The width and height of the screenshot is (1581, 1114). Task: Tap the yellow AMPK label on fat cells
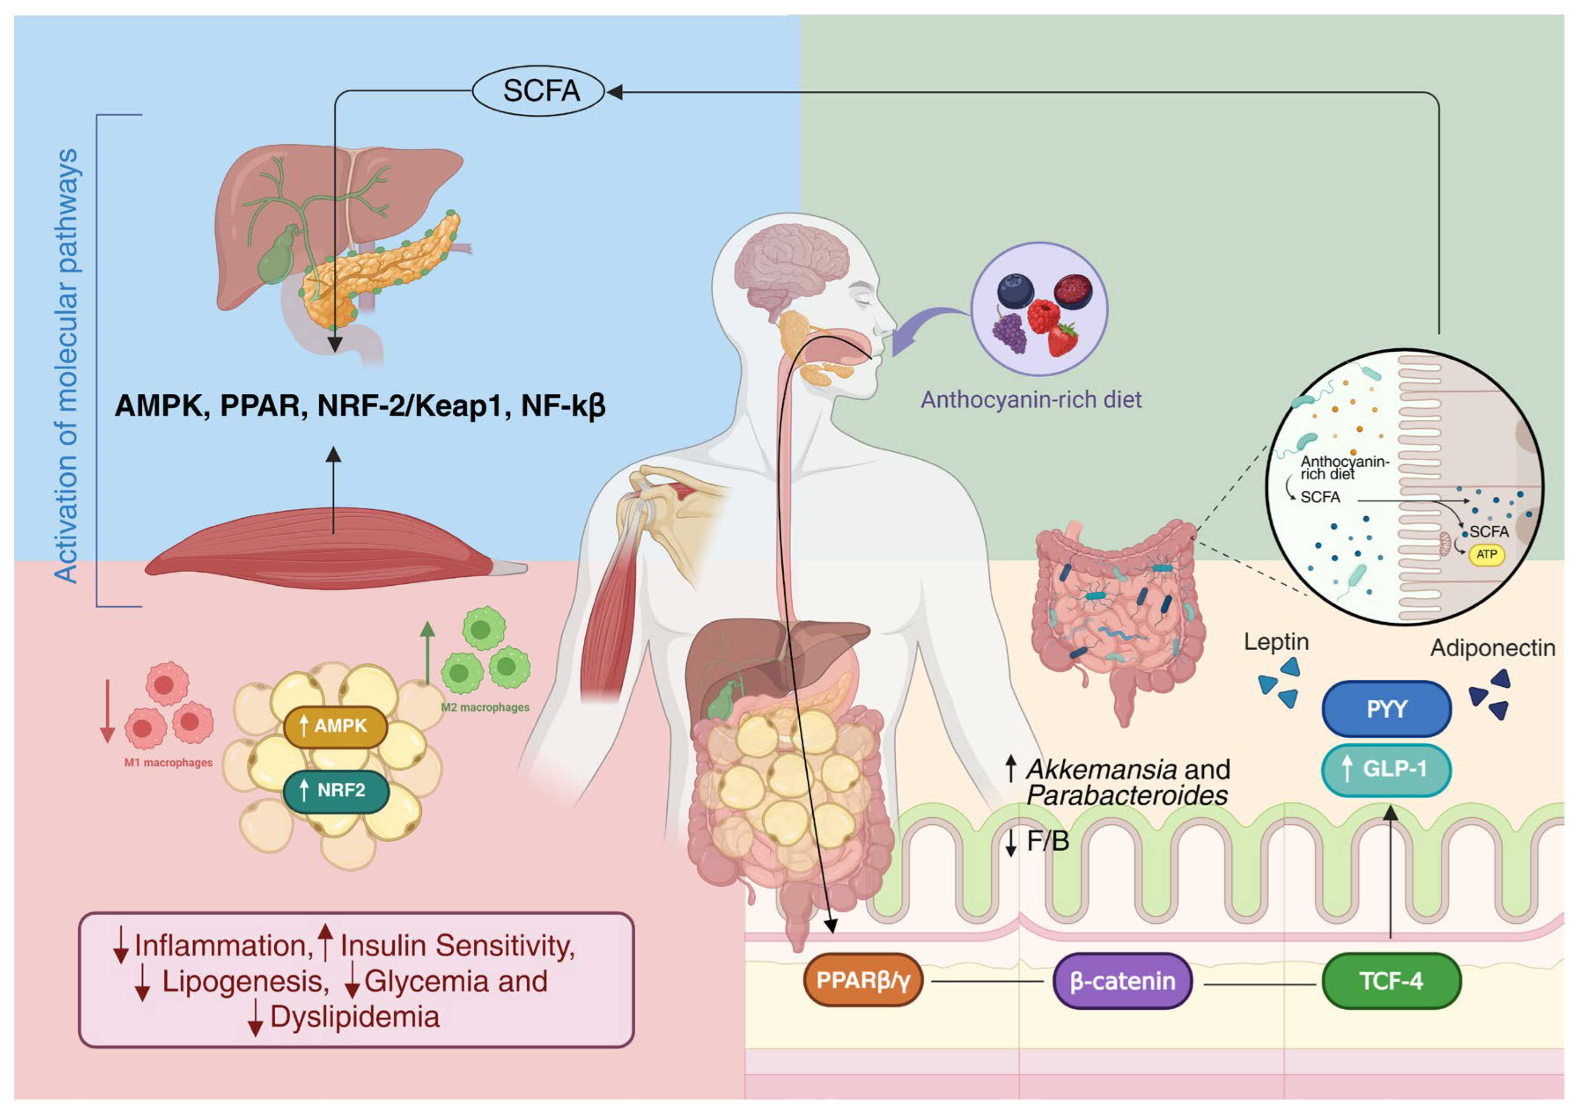click(335, 726)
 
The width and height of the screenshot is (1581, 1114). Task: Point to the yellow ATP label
click(1486, 554)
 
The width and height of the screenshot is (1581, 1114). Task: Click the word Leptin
click(1275, 642)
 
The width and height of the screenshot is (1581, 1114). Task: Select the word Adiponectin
click(1492, 648)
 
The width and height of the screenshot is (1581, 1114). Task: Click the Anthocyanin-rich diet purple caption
click(1031, 399)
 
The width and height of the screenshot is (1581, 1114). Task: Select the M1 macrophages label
click(168, 762)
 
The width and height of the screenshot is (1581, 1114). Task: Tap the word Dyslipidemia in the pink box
click(354, 1016)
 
